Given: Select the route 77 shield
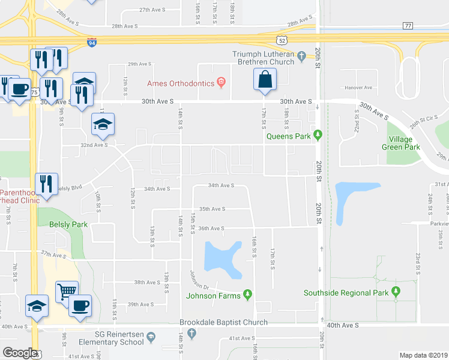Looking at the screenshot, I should coord(408,26).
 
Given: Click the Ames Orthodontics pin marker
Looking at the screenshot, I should coord(221,83).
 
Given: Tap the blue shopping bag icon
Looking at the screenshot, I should coord(264,80).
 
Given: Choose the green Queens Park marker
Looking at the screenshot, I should coord(318,136).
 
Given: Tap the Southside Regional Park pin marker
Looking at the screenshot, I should coord(395,293).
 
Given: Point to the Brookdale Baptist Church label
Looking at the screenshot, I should coord(223,323).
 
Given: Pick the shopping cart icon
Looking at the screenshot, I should coord(66,292).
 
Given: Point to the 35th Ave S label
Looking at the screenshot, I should coord(212,209).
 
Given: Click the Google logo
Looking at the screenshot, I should coord(19,353).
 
